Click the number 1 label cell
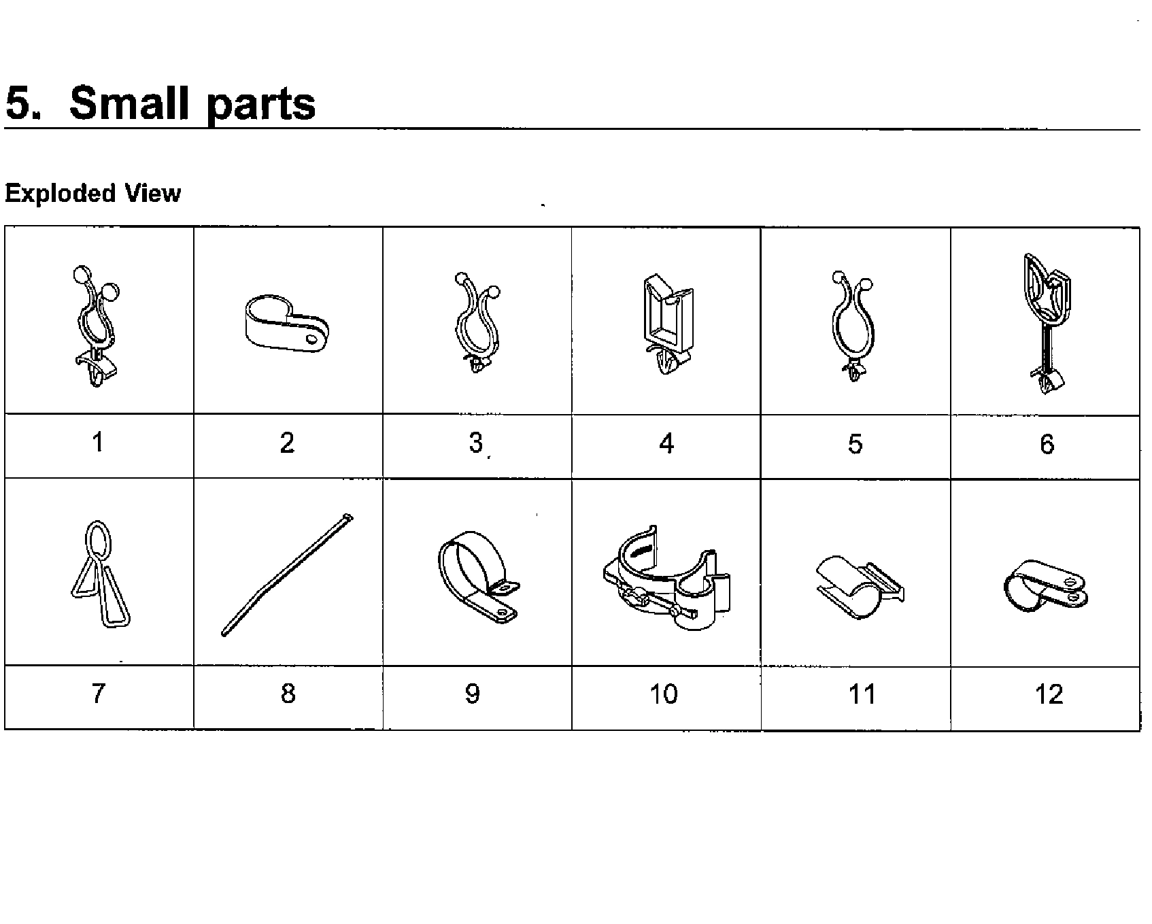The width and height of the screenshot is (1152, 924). [x=99, y=443]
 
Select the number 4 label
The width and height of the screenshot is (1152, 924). [x=666, y=444]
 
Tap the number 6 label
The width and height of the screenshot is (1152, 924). [x=1047, y=444]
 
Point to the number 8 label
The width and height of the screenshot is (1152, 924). [x=288, y=694]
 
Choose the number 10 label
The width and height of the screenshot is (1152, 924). [x=664, y=694]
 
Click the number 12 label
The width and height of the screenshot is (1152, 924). [x=1049, y=694]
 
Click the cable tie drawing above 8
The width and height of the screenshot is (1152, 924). [x=288, y=575]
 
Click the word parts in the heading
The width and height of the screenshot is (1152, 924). [x=261, y=105]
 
